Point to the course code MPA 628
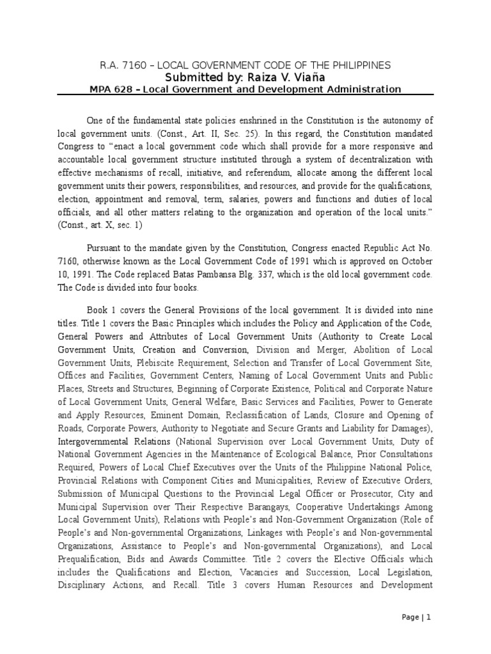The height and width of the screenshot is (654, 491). (111, 89)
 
